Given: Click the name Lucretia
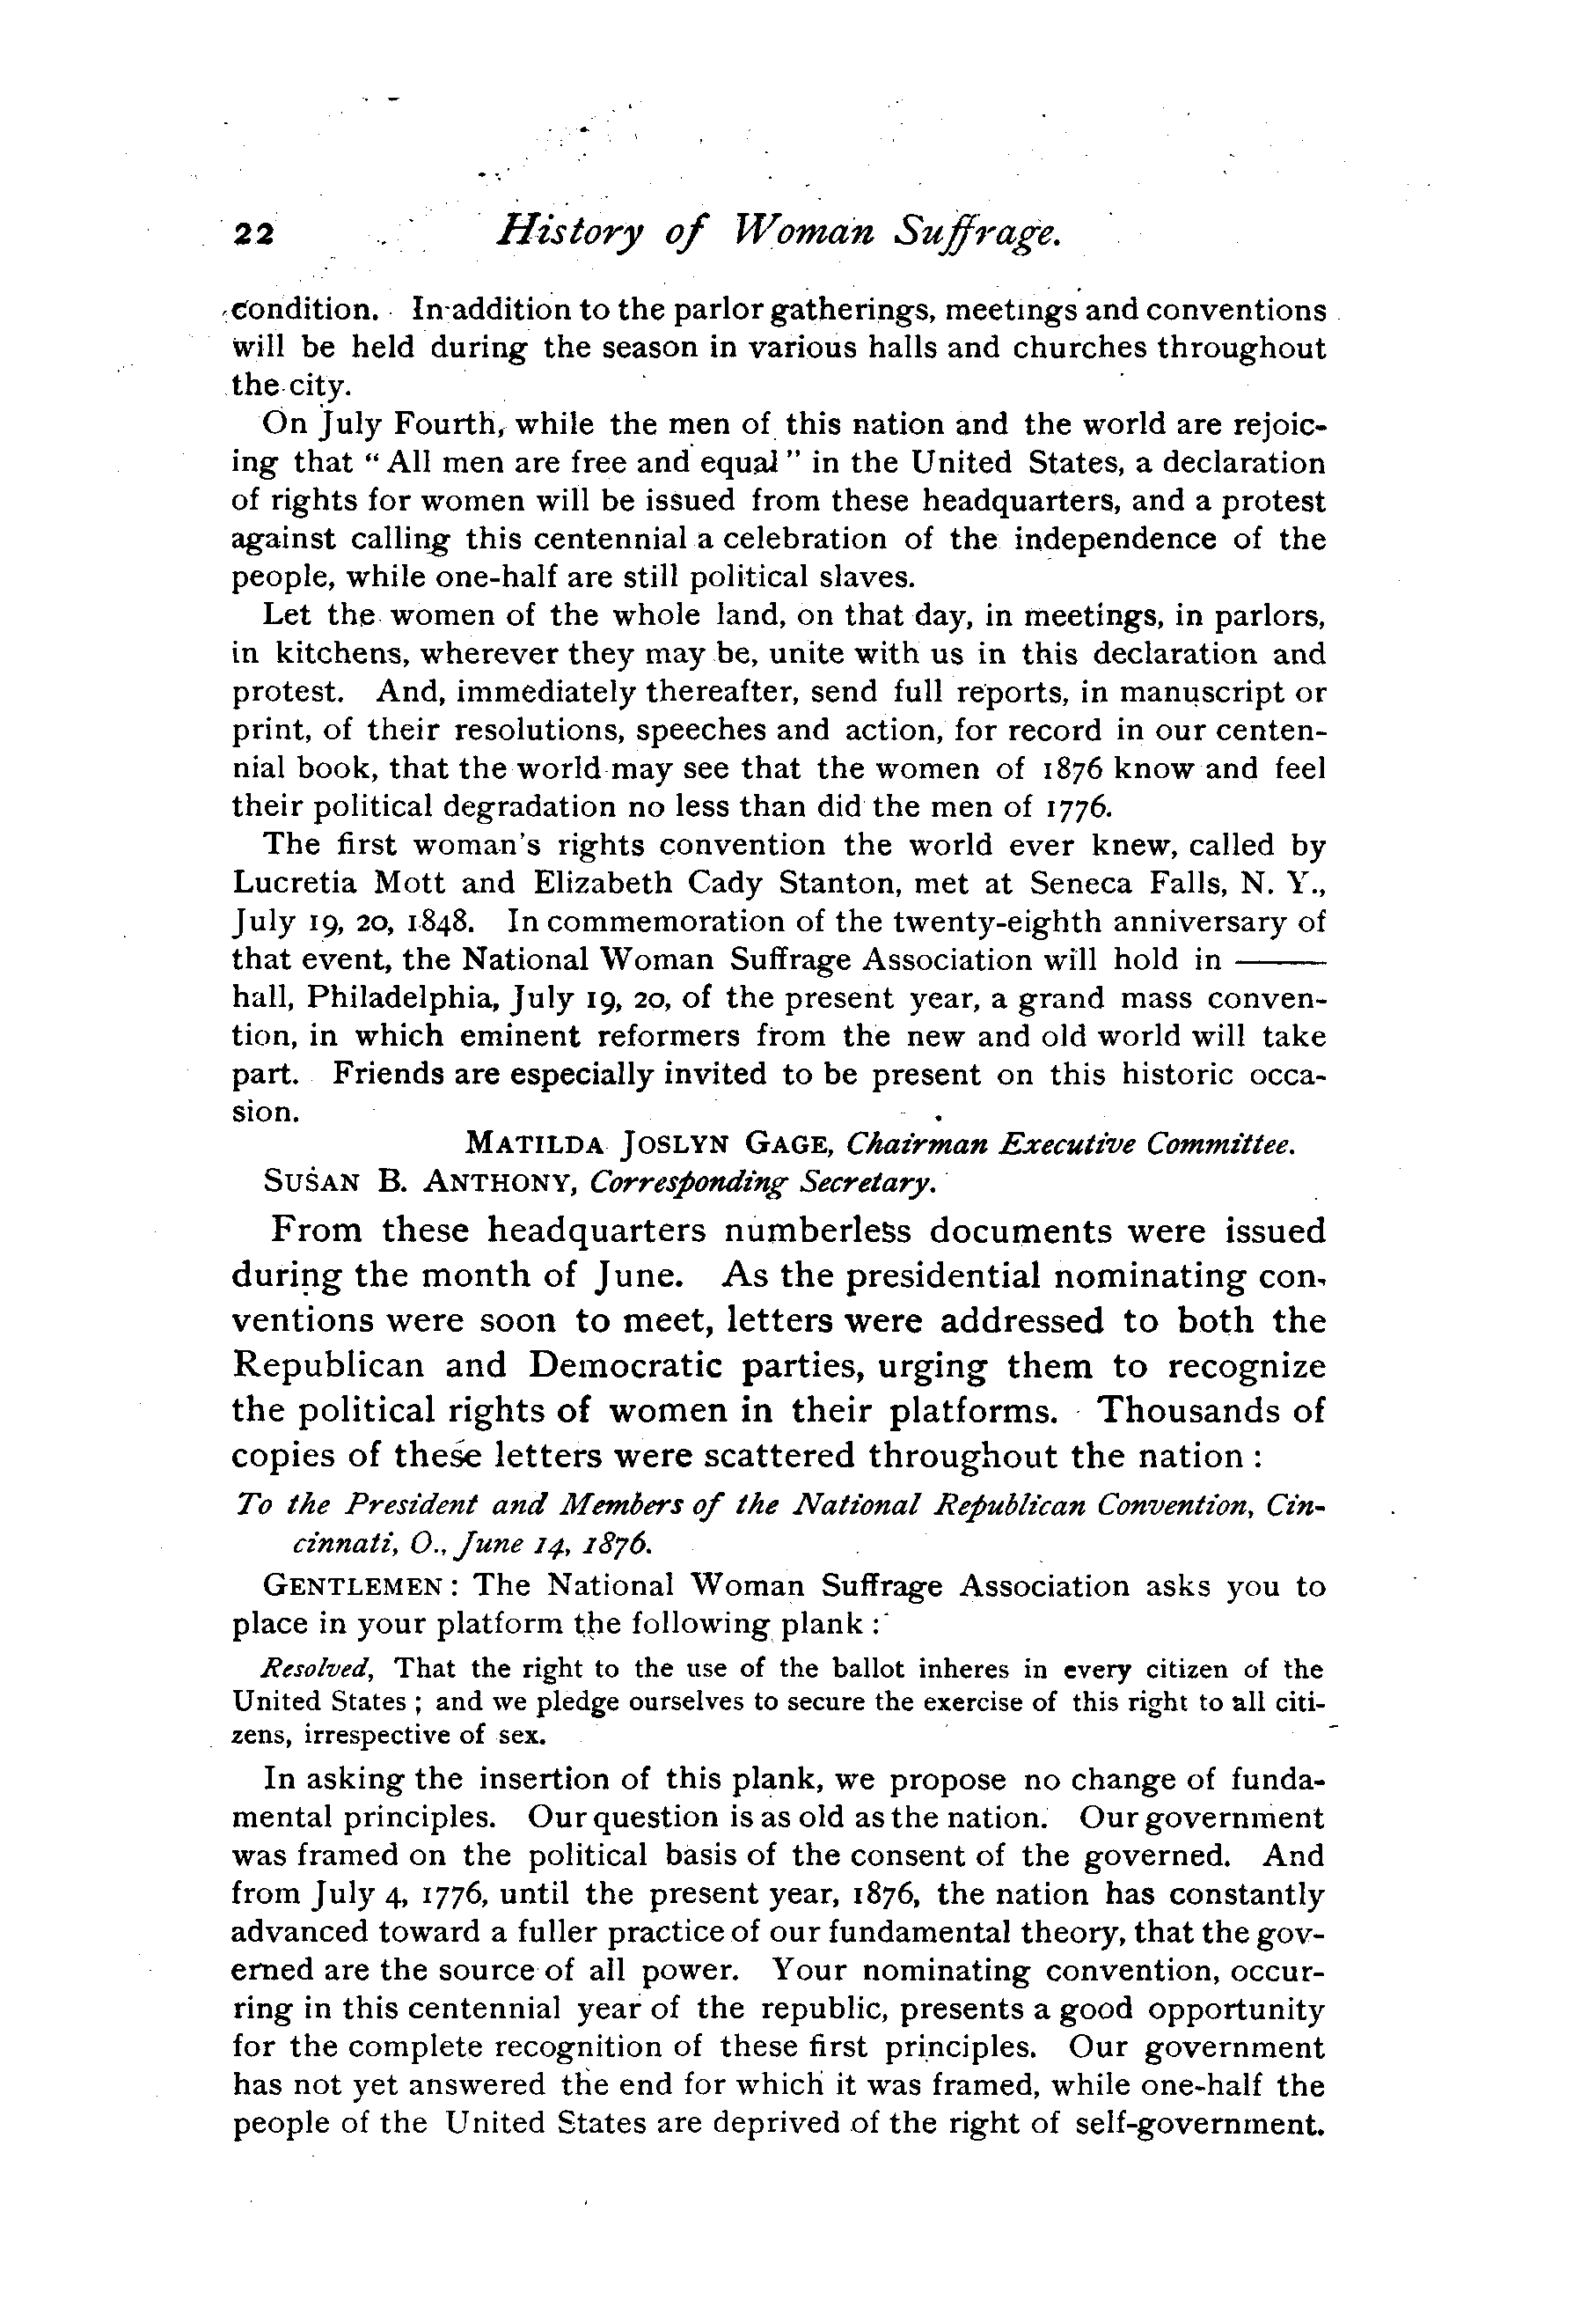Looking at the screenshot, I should (295, 884).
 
